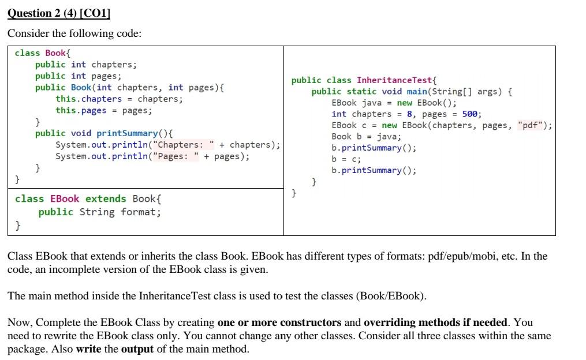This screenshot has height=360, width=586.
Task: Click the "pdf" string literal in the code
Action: point(534,125)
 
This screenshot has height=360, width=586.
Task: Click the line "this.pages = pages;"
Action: point(104,110)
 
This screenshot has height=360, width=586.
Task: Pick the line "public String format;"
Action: point(99,212)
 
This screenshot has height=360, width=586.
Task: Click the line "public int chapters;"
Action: point(85,64)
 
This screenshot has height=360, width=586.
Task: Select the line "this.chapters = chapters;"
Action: point(119,99)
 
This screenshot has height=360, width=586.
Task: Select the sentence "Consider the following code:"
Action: point(74,33)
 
